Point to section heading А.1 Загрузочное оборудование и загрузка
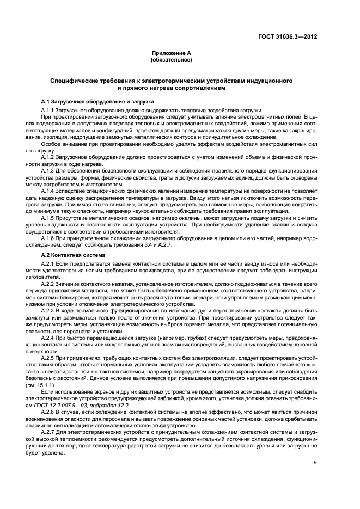coord(98,102)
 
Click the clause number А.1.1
coord(48,110)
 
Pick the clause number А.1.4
coord(48,191)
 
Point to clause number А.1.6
coord(48,238)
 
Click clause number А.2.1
coord(48,263)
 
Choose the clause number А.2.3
coord(48,310)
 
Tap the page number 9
coord(315,463)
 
